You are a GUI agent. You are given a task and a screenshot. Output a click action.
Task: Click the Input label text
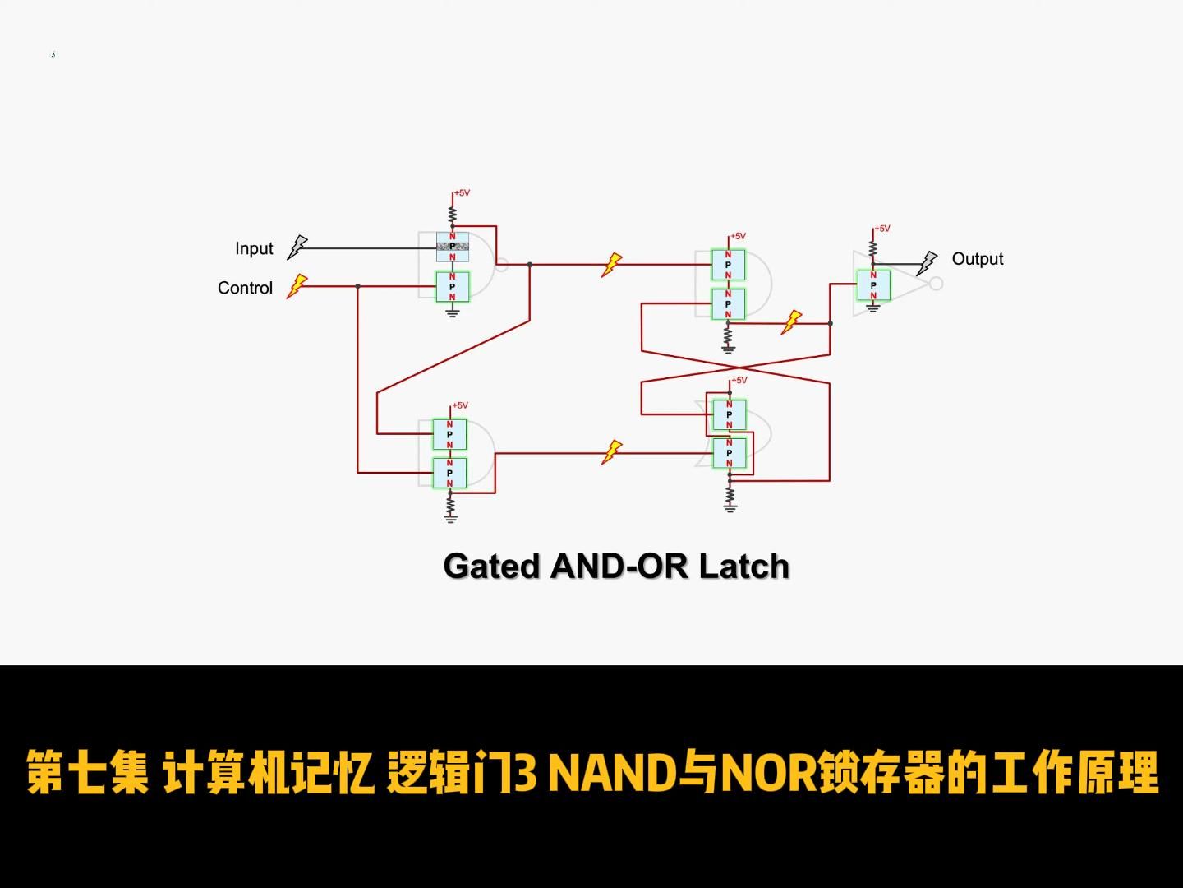[254, 248]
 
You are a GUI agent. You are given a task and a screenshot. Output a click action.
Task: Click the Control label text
[245, 288]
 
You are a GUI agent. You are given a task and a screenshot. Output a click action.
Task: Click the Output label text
[977, 259]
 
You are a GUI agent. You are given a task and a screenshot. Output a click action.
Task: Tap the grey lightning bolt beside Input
[297, 247]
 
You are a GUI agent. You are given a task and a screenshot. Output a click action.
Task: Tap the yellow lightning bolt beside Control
[297, 286]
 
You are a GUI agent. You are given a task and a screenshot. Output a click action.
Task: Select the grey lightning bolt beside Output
[927, 263]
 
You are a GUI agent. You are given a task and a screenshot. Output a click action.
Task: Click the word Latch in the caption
[743, 567]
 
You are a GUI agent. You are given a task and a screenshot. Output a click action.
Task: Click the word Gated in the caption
[492, 567]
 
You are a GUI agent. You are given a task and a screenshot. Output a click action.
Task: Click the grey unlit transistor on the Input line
[452, 247]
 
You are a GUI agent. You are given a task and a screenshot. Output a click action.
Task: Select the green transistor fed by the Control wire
[452, 287]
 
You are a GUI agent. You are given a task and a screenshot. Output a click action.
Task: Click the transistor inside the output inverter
[873, 285]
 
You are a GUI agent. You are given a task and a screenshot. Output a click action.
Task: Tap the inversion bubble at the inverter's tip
[935, 284]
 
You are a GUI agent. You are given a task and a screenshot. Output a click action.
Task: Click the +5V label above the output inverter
[881, 229]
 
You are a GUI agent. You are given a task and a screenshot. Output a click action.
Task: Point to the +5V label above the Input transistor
[462, 193]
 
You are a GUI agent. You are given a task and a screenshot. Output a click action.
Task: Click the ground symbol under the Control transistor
[452, 312]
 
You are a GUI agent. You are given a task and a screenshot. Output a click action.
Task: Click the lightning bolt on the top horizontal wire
[611, 265]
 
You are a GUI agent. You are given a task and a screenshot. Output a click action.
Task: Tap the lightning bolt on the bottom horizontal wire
[611, 452]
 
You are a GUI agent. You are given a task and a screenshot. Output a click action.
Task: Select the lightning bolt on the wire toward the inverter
[791, 321]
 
